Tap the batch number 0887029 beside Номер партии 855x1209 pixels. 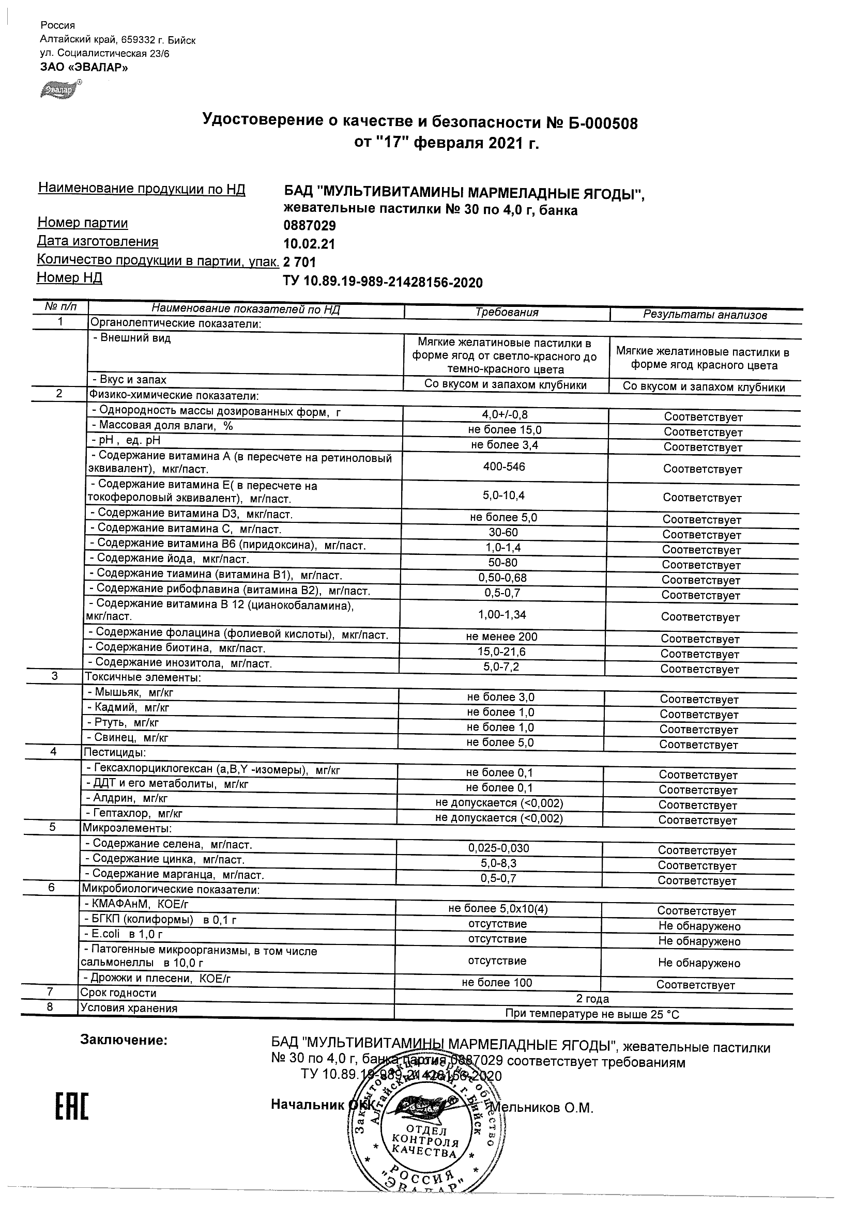(x=310, y=226)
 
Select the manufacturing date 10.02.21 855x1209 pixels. (x=309, y=244)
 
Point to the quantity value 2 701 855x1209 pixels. (x=300, y=262)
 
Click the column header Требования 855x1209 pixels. (x=507, y=312)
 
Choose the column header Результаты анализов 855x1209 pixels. (x=705, y=315)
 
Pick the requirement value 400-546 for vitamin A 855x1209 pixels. (x=504, y=467)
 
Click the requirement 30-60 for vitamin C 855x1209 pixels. (x=503, y=532)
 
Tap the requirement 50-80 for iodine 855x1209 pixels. (x=503, y=562)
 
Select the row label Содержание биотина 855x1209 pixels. (x=176, y=648)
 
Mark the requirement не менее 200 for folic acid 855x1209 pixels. (x=501, y=637)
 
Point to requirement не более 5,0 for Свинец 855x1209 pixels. (x=500, y=742)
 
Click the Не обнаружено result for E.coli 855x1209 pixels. (x=699, y=941)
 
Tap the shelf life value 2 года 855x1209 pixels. (x=592, y=999)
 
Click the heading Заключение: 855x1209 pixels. (x=124, y=1040)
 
